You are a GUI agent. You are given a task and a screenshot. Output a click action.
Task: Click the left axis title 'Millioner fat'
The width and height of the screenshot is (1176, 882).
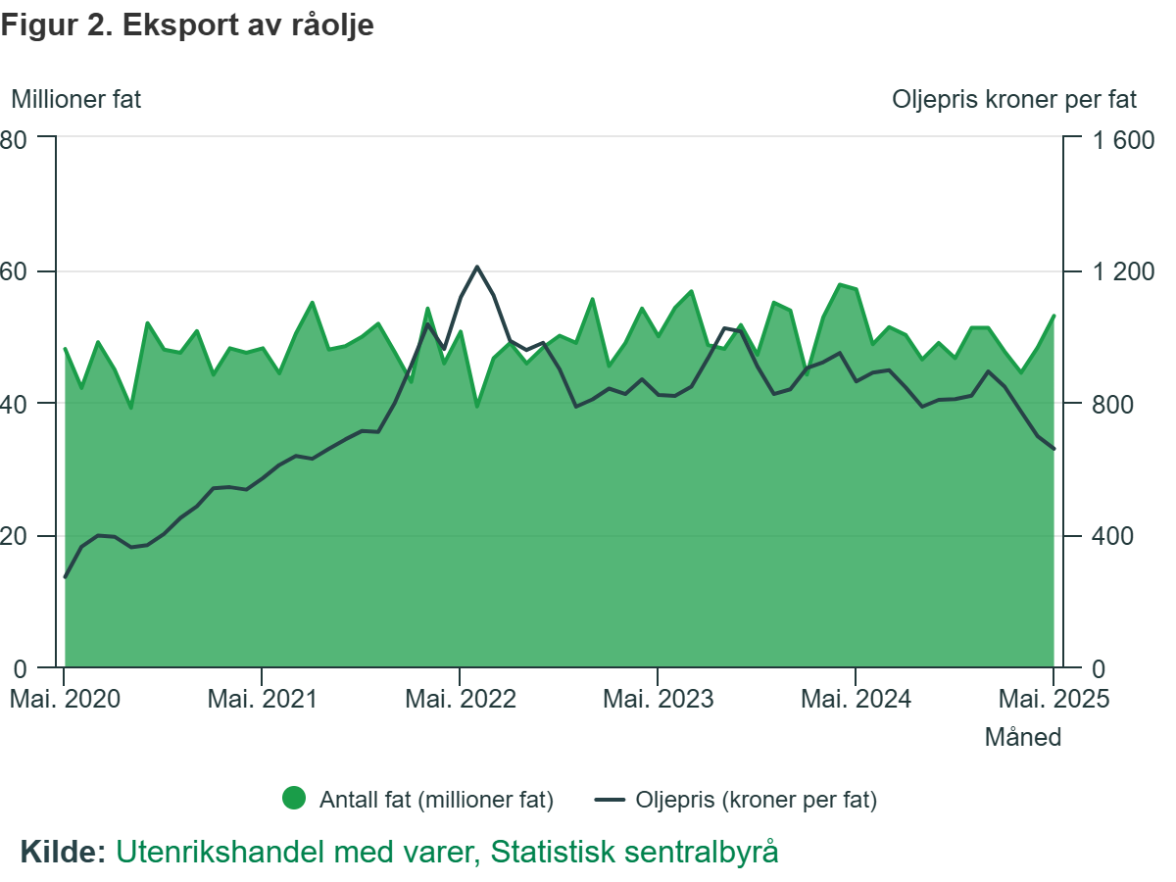(75, 99)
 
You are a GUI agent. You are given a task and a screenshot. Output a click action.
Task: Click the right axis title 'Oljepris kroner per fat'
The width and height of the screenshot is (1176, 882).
(1014, 99)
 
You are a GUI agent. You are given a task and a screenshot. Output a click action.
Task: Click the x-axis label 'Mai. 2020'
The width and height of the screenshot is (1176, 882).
(65, 699)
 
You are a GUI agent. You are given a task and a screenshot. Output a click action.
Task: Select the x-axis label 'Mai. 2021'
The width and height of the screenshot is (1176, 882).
(262, 699)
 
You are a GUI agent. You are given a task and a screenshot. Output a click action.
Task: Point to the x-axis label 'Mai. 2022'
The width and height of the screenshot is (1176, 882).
(461, 699)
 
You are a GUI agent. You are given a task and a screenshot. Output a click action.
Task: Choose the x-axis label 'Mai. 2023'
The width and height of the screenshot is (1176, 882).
(659, 699)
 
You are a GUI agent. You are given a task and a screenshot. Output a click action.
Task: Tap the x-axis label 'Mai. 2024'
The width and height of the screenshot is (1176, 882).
(856, 699)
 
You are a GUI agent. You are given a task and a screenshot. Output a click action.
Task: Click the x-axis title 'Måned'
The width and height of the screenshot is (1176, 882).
(1022, 737)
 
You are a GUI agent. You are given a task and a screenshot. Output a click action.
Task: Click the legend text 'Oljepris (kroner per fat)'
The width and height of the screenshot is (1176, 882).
(756, 800)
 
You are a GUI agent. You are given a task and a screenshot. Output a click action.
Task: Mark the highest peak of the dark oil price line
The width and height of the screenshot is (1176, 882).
(477, 267)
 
